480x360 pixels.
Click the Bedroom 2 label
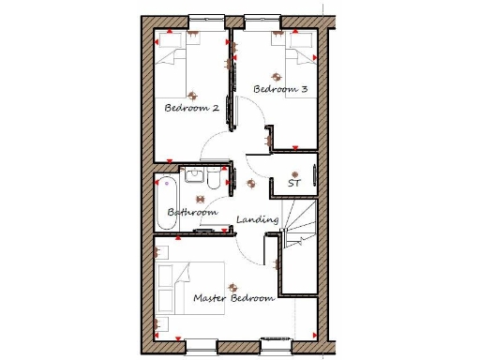point(191,109)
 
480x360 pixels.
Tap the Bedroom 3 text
point(280,90)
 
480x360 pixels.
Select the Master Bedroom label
point(233,298)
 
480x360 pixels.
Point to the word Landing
point(257,219)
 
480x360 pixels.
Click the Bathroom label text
point(192,213)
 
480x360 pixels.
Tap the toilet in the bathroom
point(213,178)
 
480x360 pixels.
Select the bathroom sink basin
point(194,174)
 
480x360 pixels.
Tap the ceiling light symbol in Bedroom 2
point(194,94)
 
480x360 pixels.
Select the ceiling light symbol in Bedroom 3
point(277,78)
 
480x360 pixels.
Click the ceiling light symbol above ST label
point(294,173)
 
